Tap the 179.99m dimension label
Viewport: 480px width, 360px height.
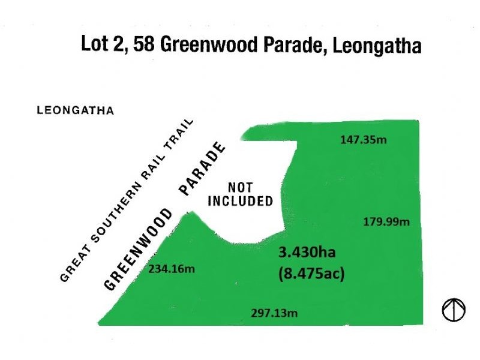pos(386,222)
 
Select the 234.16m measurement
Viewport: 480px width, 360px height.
pos(172,270)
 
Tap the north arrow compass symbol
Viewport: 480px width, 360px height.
pos(454,310)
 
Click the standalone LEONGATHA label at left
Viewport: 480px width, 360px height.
pos(75,111)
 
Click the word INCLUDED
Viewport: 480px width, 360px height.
pos(240,201)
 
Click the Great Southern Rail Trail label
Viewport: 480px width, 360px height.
pos(128,200)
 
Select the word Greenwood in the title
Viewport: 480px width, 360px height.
pos(200,46)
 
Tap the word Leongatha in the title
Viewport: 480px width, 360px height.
pos(373,47)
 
